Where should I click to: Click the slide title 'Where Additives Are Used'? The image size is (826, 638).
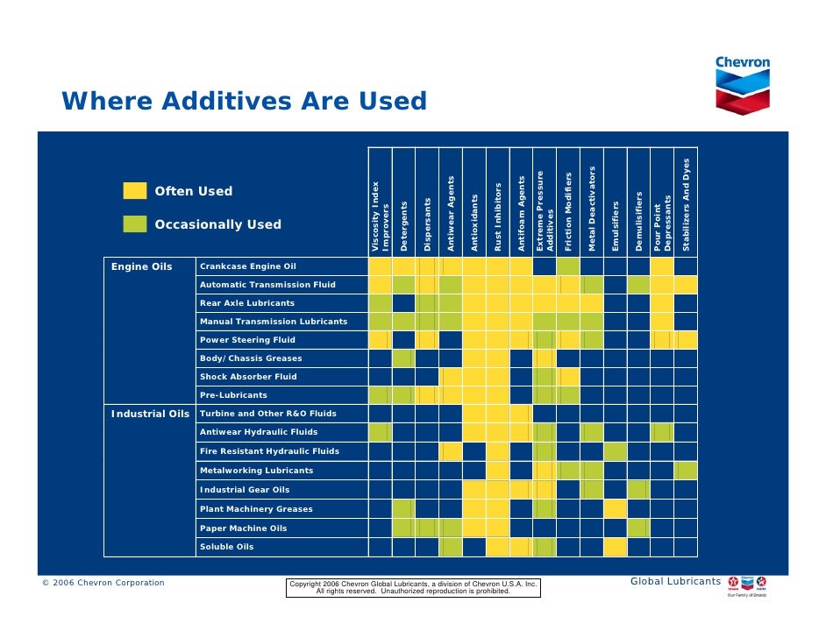click(244, 102)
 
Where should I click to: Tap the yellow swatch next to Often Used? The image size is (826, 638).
click(135, 191)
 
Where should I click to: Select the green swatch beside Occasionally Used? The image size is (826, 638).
click(135, 224)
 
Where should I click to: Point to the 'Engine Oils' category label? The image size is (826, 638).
click(141, 266)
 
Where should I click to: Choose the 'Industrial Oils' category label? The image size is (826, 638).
click(150, 414)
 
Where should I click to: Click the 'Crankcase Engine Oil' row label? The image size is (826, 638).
click(248, 266)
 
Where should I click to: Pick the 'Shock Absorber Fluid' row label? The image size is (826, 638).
click(248, 377)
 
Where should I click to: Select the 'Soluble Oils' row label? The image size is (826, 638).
click(226, 547)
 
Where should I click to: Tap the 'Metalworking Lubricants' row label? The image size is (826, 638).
click(256, 471)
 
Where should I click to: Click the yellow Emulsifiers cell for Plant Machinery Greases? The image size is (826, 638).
click(616, 509)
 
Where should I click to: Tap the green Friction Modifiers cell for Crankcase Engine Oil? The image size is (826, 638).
click(568, 266)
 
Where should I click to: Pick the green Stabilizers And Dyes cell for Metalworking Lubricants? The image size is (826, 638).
click(687, 471)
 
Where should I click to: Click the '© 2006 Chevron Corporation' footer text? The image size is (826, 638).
click(103, 583)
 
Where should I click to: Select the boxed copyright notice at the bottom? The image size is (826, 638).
click(414, 587)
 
